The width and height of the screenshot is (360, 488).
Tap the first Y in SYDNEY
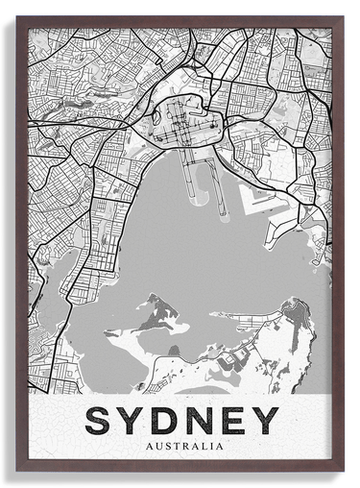pyautogui.click(x=134, y=421)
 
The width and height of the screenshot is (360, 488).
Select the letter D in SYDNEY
pyautogui.click(x=167, y=421)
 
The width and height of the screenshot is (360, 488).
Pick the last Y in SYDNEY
pyautogui.click(x=263, y=421)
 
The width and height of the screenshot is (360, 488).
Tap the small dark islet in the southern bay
pyautogui.click(x=174, y=352)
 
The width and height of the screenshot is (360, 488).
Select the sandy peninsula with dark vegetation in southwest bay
pyautogui.click(x=144, y=318)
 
